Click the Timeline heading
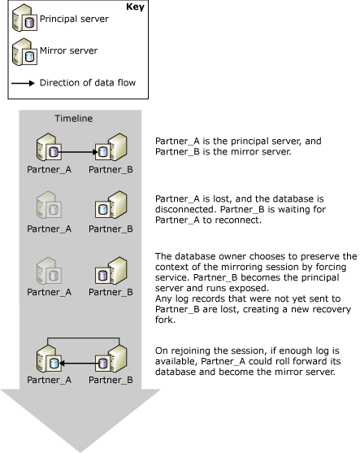coord(73,118)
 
